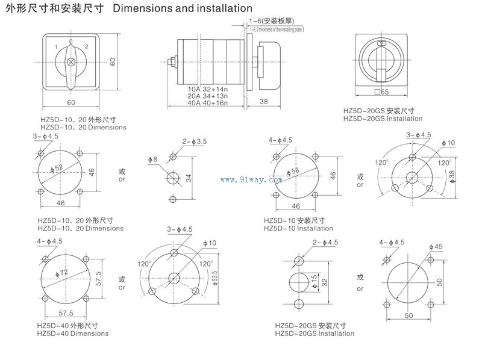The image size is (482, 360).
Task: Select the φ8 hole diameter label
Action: pos(152,160)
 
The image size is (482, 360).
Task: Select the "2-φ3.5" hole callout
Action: pos(194,141)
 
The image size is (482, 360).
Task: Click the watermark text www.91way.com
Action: pos(251,179)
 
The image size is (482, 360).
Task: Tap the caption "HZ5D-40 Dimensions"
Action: pos(72,334)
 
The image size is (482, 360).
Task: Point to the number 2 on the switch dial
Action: pos(86,46)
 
